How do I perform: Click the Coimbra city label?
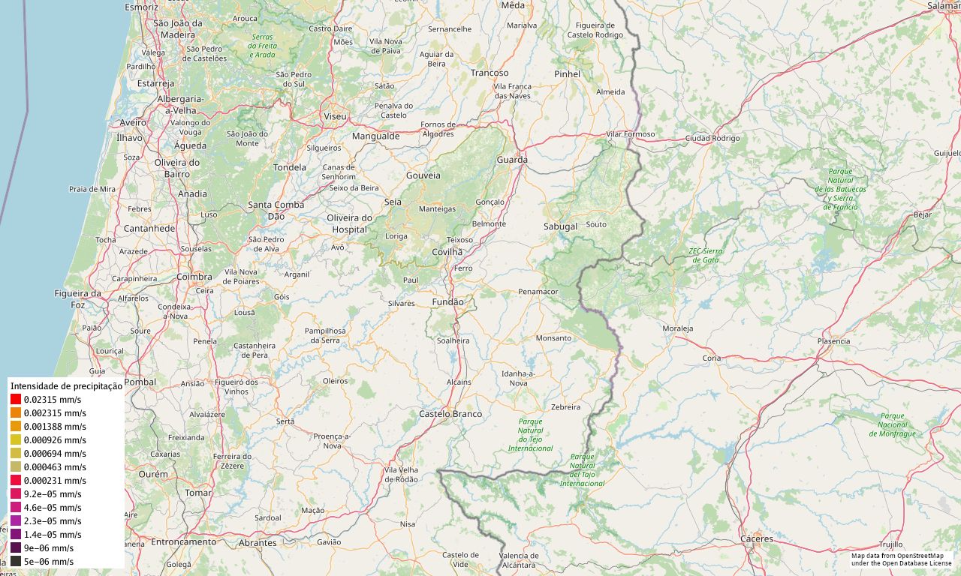click(194, 277)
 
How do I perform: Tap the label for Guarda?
click(512, 160)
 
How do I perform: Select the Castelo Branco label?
click(450, 414)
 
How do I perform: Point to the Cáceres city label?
click(756, 538)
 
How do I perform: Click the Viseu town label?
click(335, 116)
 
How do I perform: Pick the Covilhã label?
click(447, 252)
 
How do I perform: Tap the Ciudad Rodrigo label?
click(712, 138)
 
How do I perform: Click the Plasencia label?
click(833, 341)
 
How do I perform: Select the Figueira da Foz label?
click(77, 299)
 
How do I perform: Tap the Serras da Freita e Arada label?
click(263, 46)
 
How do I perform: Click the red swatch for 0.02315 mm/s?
click(16, 400)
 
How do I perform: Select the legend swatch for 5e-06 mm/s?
click(16, 562)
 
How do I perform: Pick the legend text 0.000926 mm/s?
click(55, 440)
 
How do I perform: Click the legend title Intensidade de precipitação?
click(66, 385)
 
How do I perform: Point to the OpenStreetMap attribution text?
click(901, 559)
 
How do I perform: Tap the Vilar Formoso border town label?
click(631, 134)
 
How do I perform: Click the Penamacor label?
click(538, 291)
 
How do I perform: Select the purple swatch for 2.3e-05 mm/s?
click(16, 521)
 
